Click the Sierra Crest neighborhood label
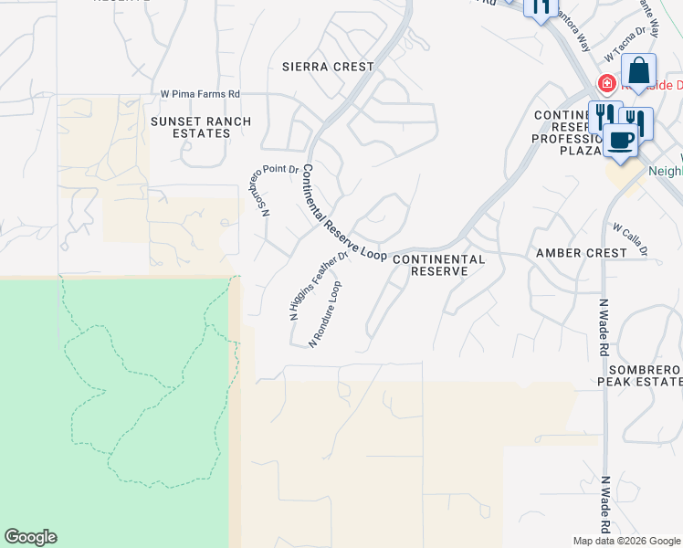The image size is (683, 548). pyautogui.click(x=328, y=67)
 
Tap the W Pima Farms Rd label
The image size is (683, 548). pyautogui.click(x=200, y=94)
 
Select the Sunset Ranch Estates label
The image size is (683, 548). pyautogui.click(x=191, y=127)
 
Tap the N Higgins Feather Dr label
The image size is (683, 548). pyautogui.click(x=320, y=285)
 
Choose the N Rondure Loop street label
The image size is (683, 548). pyautogui.click(x=325, y=313)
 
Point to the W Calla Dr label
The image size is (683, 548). pyautogui.click(x=630, y=239)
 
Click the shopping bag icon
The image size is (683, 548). pyautogui.click(x=639, y=70)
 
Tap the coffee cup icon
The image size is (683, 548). pyautogui.click(x=620, y=141)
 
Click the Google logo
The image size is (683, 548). pyautogui.click(x=30, y=537)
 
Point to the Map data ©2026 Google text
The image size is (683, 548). pyautogui.click(x=626, y=541)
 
